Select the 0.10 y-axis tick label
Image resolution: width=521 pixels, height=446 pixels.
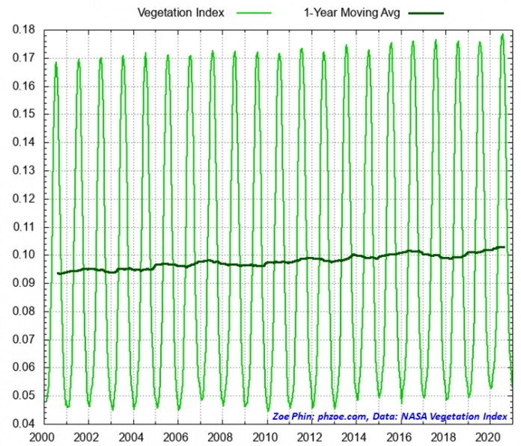point(22,255)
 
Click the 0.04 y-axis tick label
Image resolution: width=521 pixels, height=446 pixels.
point(22,424)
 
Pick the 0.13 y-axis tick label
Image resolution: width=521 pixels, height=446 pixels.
point(22,170)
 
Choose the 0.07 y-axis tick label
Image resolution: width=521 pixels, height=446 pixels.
point(22,339)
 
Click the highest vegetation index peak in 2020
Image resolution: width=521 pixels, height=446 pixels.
point(502,34)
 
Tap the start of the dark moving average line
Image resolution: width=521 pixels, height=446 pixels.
point(58,273)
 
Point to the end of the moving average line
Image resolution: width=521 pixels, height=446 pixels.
point(504,247)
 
